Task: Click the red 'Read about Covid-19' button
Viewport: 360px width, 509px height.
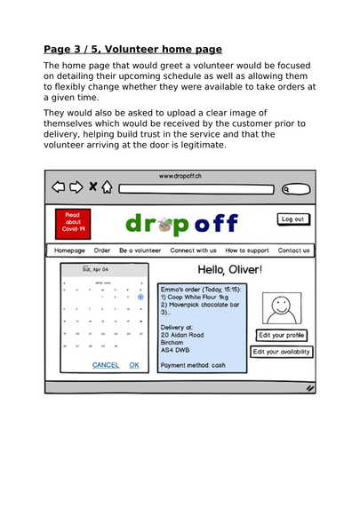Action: (72, 222)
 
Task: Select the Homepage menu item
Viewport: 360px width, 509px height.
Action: (69, 251)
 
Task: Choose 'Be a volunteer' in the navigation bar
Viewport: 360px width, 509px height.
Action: (140, 251)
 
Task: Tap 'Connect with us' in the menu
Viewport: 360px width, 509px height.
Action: (193, 251)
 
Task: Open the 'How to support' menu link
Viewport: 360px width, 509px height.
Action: (246, 251)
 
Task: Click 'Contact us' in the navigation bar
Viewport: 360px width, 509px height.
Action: (293, 251)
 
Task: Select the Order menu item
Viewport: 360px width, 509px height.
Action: (102, 251)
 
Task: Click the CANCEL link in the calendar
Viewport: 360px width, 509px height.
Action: (106, 365)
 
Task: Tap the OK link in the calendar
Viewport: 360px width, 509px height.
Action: (133, 365)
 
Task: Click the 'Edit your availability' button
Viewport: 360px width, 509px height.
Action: (282, 352)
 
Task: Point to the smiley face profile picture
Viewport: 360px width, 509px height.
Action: (281, 310)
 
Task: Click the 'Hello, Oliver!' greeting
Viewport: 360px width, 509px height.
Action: (229, 269)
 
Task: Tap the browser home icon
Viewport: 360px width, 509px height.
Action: (108, 187)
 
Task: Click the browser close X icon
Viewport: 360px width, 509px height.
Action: (92, 187)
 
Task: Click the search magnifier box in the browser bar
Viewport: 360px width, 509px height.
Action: (296, 188)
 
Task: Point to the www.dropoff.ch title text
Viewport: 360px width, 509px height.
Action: (180, 176)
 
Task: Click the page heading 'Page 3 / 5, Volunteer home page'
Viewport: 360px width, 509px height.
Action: (133, 49)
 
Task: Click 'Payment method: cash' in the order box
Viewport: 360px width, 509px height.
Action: (193, 365)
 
